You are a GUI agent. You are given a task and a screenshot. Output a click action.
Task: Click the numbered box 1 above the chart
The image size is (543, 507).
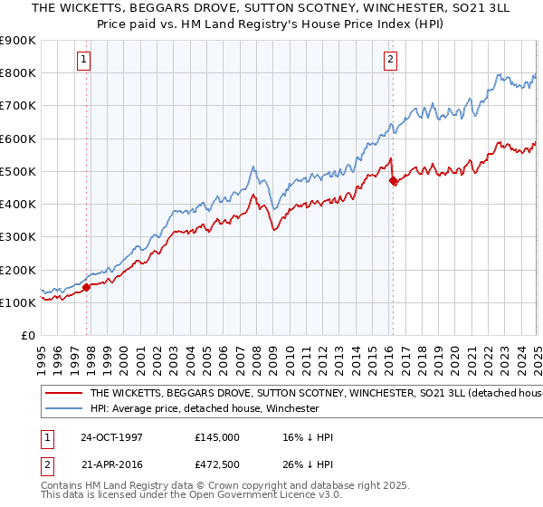83,61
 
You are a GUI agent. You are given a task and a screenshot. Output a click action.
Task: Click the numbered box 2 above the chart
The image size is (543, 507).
390,61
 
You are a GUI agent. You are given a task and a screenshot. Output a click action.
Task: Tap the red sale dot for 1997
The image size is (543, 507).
87,287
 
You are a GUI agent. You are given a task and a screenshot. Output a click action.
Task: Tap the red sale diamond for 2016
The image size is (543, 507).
393,181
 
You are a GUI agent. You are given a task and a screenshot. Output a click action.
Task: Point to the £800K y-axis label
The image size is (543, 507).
18,73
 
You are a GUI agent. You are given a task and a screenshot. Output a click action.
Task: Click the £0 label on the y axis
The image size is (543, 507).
28,336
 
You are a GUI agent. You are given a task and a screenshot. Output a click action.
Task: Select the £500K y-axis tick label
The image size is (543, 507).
18,172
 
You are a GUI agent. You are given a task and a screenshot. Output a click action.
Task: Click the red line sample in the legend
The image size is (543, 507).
62,394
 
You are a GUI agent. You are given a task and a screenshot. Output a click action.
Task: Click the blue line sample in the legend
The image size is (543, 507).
62,408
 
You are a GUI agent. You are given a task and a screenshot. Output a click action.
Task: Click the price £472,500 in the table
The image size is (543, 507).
216,464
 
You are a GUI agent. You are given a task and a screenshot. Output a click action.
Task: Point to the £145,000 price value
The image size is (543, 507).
216,437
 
